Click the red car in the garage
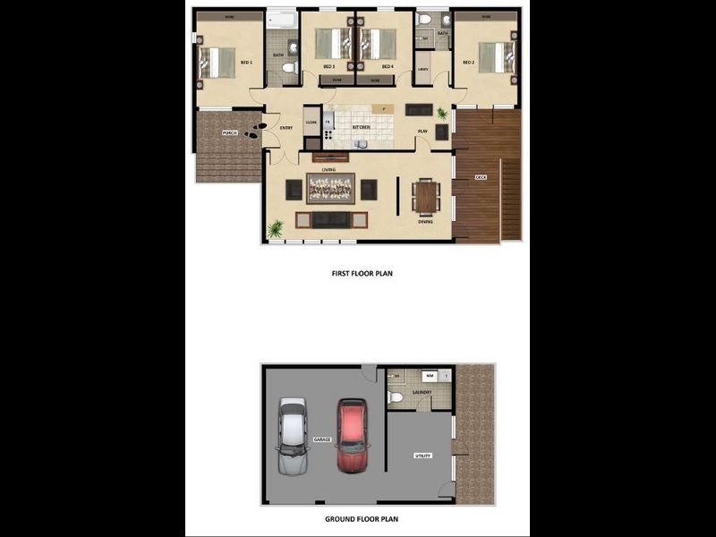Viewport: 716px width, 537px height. (x=354, y=436)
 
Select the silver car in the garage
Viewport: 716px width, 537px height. (x=293, y=436)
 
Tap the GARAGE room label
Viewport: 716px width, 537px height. (x=322, y=439)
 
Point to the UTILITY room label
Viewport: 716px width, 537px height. (x=423, y=456)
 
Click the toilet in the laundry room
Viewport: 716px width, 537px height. (x=396, y=396)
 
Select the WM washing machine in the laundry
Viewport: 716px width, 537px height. (x=430, y=376)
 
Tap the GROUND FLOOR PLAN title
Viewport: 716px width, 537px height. (x=361, y=518)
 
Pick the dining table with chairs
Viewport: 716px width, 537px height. (x=426, y=197)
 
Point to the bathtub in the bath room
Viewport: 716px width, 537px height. (x=283, y=19)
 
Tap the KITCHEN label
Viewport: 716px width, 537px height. (x=361, y=128)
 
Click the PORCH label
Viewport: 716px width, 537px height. (x=230, y=132)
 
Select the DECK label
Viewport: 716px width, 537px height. (x=481, y=177)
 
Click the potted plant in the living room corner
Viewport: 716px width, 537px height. (x=277, y=228)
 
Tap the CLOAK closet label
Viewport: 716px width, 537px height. (x=311, y=122)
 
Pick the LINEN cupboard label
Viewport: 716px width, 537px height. (x=422, y=69)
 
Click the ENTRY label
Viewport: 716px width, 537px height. (x=286, y=128)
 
